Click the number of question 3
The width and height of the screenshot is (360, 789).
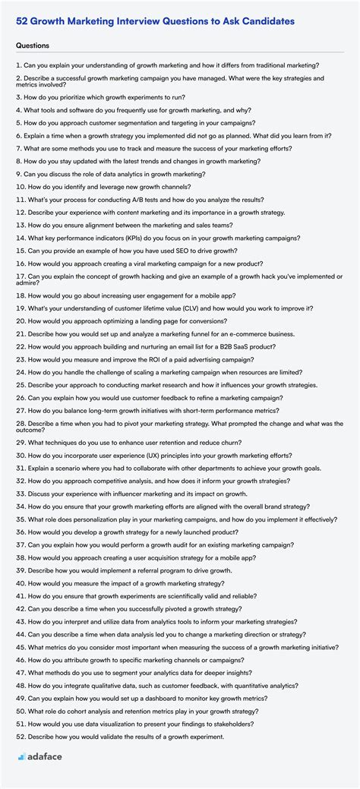point(18,98)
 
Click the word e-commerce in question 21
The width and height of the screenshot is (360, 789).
point(237,334)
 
